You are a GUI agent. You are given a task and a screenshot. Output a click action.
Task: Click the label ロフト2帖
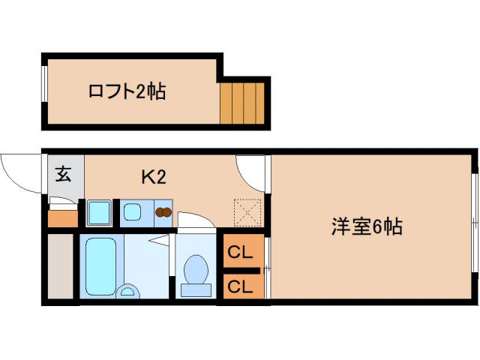(x=127, y=92)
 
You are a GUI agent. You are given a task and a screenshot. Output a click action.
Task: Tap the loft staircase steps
(x=243, y=103)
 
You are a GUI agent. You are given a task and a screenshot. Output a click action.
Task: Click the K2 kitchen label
(x=153, y=177)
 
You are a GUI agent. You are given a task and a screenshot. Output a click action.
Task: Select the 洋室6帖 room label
(x=367, y=226)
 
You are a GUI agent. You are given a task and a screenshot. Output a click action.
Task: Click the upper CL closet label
(x=239, y=253)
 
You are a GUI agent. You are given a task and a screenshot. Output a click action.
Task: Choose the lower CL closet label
(x=239, y=285)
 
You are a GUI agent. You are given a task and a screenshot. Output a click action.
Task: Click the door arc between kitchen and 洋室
(x=251, y=172)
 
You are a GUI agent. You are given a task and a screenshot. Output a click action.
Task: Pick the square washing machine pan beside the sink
(x=98, y=213)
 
